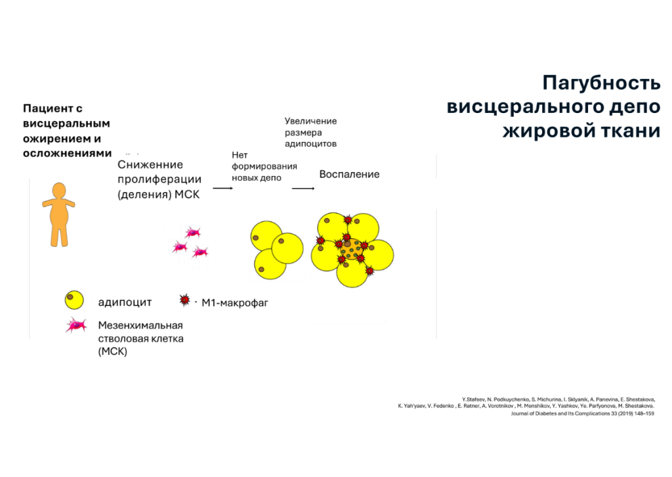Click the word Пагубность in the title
pyautogui.click(x=601, y=83)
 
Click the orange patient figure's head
pyautogui.click(x=58, y=191)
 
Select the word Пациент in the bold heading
pyautogui.click(x=47, y=108)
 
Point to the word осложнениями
pyautogui.click(x=68, y=153)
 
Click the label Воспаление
pyautogui.click(x=349, y=174)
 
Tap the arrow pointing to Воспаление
pyautogui.click(x=303, y=189)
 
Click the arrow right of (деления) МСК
pyautogui.click(x=223, y=188)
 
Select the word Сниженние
pyautogui.click(x=150, y=165)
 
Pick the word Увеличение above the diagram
pyautogui.click(x=310, y=121)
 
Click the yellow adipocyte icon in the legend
pyautogui.click(x=74, y=300)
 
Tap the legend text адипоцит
pyautogui.click(x=125, y=302)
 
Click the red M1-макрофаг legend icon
pyautogui.click(x=184, y=300)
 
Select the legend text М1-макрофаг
pyautogui.click(x=235, y=303)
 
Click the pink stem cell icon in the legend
pyautogui.click(x=76, y=326)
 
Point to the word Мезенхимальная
pyautogui.click(x=140, y=325)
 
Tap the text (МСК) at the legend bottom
pyautogui.click(x=113, y=352)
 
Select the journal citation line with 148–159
pyautogui.click(x=583, y=413)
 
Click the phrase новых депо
pyautogui.click(x=257, y=177)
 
